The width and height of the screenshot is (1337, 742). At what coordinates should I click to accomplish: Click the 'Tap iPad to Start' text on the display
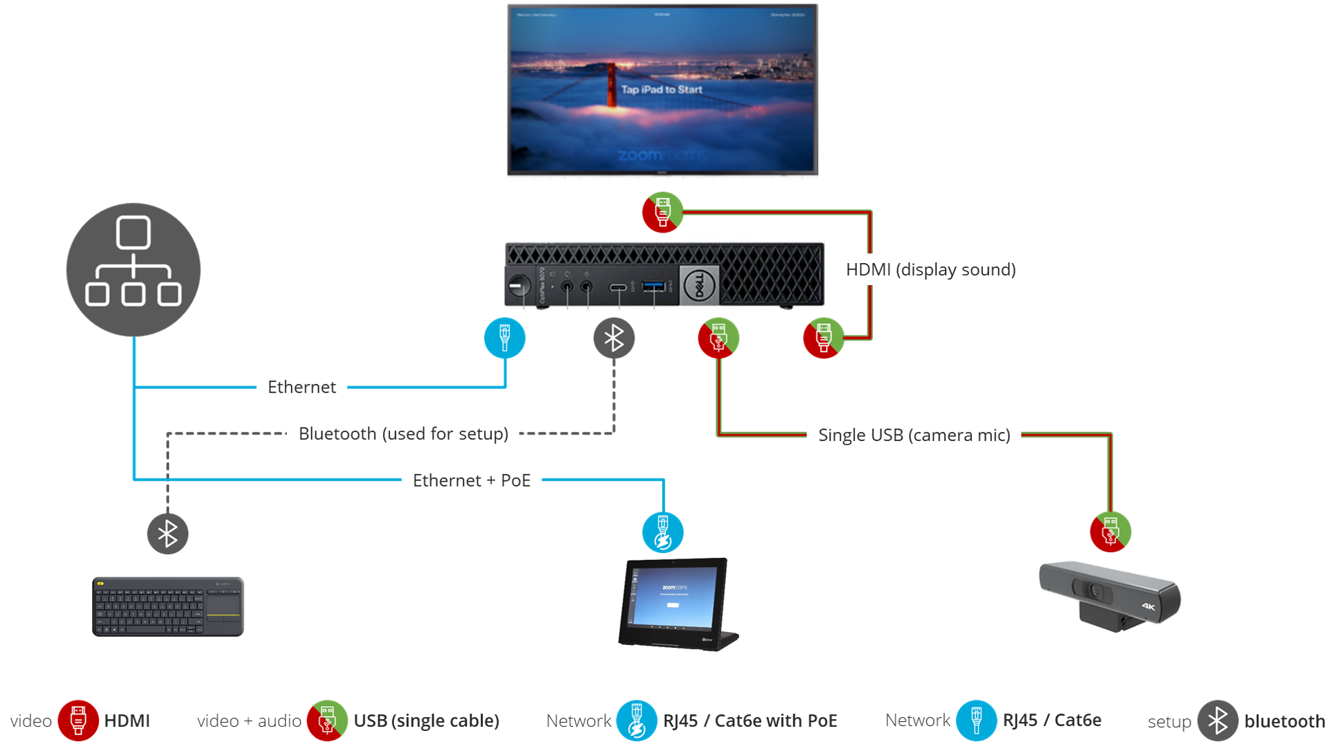pos(662,89)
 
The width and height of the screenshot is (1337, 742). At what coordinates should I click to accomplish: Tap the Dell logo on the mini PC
pos(699,285)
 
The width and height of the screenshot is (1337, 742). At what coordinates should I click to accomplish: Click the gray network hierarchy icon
pos(133,269)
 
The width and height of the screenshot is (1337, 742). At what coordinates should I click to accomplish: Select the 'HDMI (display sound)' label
pos(930,269)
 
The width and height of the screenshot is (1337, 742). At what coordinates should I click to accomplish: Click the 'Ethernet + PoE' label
pos(471,480)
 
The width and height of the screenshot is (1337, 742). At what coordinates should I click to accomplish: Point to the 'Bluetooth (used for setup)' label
pos(403,434)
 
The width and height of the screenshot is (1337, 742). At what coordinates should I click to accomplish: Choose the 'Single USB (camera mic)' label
pos(914,435)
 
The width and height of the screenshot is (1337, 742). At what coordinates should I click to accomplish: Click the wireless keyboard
pos(168,607)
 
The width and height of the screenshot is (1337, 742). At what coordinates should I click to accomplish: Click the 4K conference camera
pos(1109,596)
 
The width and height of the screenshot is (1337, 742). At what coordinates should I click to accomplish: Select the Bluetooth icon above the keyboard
pos(168,534)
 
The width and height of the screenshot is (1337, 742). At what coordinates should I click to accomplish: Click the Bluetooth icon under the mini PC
pos(614,338)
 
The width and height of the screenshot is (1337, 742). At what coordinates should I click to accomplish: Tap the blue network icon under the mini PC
pos(504,338)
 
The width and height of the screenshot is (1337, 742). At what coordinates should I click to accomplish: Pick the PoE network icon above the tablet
pos(662,532)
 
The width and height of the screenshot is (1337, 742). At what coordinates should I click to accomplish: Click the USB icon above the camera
pos(1110,532)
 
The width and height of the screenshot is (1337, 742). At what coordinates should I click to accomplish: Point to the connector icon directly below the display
pos(662,212)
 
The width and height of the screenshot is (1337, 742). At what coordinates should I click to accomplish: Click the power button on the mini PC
pos(519,285)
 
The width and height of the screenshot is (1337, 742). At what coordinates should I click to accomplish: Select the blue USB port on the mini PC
pos(654,286)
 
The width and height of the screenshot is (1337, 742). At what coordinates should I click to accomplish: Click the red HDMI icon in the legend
pos(78,721)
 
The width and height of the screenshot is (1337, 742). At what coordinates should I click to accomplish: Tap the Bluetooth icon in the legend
pos(1218,721)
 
